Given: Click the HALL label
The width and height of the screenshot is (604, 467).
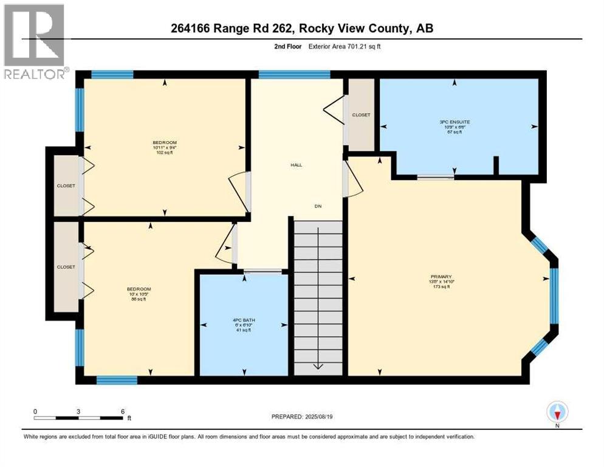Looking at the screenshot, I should [297, 165].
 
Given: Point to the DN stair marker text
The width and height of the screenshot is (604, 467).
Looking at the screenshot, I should [317, 206].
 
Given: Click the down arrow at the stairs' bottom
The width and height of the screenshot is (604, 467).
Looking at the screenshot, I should [318, 366].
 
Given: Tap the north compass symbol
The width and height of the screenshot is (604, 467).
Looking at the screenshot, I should [557, 412].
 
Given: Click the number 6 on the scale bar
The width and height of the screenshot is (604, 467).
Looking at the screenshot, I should [123, 411].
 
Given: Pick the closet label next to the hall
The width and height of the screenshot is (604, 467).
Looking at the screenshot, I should [361, 114].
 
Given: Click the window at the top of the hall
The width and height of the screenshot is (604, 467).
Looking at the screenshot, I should [294, 74].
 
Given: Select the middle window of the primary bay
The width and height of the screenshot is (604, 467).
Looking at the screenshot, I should [554, 295].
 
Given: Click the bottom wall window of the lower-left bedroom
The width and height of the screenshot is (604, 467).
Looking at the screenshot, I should [116, 380].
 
